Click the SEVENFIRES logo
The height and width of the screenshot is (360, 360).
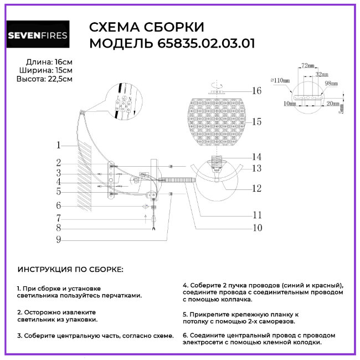(x=38, y=36)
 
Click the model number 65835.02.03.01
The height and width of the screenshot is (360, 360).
(x=203, y=44)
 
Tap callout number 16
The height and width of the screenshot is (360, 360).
(x=256, y=91)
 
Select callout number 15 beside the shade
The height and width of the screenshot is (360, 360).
(x=256, y=121)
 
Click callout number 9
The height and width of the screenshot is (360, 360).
(x=58, y=240)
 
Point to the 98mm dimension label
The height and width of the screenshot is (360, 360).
(x=331, y=83)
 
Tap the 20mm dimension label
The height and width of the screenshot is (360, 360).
(x=333, y=104)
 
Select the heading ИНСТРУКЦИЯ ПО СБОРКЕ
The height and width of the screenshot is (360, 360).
(x=71, y=269)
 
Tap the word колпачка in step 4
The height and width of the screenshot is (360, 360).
(x=235, y=299)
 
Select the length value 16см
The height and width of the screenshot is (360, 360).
(x=64, y=61)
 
